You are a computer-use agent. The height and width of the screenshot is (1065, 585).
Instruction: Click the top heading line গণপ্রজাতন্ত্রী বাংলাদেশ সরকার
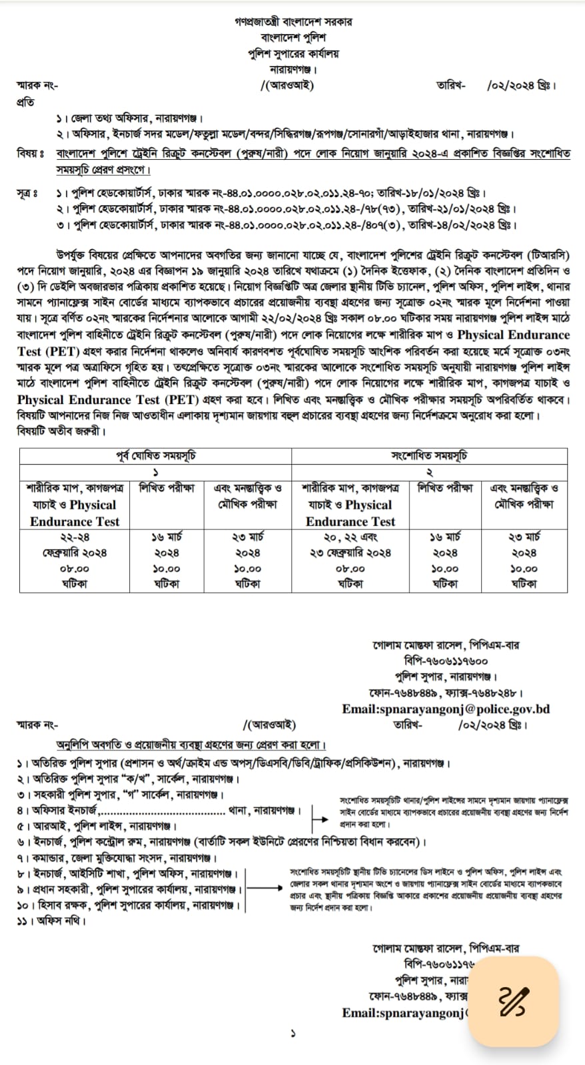tap(292, 21)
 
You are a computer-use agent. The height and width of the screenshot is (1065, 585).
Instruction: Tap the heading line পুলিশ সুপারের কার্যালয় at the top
tap(292, 53)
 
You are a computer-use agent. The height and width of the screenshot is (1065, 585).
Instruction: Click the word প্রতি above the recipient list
tap(25, 103)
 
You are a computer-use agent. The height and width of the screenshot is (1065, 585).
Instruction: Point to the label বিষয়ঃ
tap(30, 154)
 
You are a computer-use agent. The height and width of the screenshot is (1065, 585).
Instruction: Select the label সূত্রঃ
tap(27, 194)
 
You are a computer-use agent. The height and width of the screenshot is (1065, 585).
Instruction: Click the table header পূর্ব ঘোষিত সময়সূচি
tap(155, 456)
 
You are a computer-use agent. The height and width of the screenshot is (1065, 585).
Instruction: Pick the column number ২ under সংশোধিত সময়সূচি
tap(430, 472)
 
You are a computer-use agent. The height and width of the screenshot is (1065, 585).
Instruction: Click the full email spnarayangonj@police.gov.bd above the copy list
tap(446, 709)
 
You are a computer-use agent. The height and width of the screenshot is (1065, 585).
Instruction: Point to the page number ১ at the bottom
tap(292, 1034)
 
